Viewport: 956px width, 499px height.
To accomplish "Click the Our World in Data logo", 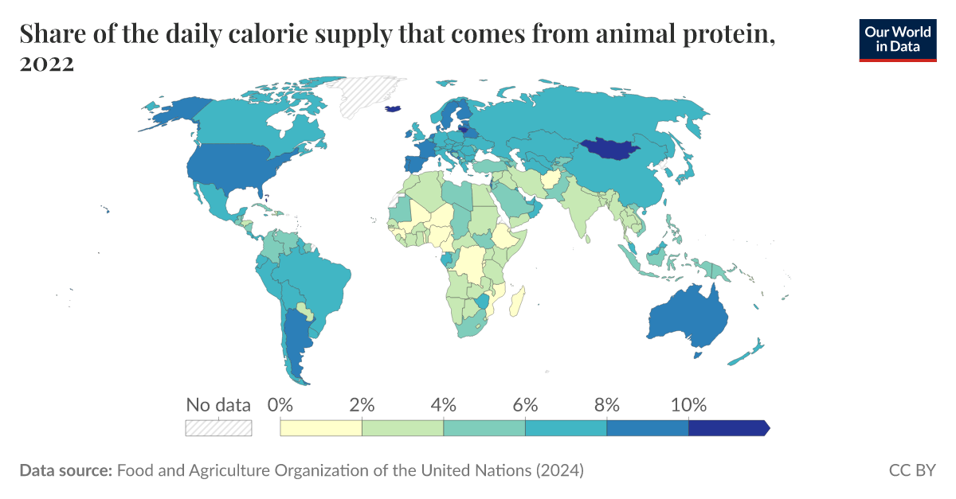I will point(897,39).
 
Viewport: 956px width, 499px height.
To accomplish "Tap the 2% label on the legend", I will point(362,403).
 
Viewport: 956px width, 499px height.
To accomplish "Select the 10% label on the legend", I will point(688,403).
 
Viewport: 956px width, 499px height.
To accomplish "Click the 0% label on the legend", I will point(280,403).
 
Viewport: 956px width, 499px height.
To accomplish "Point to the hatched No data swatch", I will point(218,428).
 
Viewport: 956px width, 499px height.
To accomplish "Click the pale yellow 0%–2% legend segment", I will point(321,428).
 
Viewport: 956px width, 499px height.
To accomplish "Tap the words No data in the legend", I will point(218,404).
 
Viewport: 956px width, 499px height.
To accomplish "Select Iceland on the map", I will point(392,110).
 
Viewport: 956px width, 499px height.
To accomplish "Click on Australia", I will point(685,318).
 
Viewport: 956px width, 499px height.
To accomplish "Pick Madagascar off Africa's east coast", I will point(518,300).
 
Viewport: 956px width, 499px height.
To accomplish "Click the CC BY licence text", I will point(911,470).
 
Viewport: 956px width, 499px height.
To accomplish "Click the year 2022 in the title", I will point(47,64).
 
